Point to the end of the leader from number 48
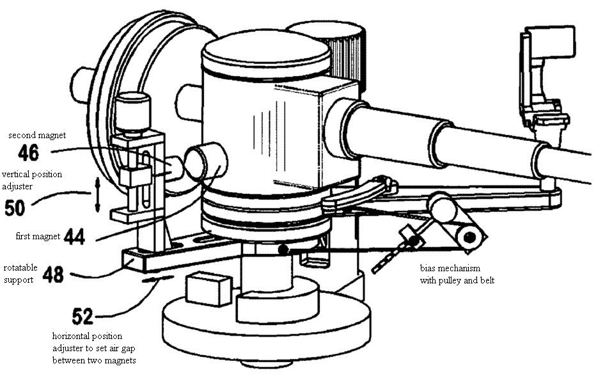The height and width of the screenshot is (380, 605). [x=134, y=259]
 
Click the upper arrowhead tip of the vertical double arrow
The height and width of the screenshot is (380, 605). [x=97, y=178]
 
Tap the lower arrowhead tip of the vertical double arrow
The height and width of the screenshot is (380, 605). [x=97, y=212]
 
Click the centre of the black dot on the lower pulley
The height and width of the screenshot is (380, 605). [x=469, y=237]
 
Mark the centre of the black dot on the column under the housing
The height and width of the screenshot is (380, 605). [x=283, y=250]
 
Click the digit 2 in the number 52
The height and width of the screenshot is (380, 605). [x=88, y=316]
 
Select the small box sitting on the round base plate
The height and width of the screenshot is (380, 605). [x=208, y=288]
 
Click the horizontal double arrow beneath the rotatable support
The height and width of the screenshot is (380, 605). [x=158, y=278]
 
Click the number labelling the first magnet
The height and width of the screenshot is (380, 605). [x=74, y=236]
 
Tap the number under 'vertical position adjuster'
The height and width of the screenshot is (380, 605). [x=15, y=208]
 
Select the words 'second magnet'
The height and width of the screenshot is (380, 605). [x=37, y=136]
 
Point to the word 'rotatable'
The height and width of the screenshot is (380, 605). [x=20, y=267]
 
